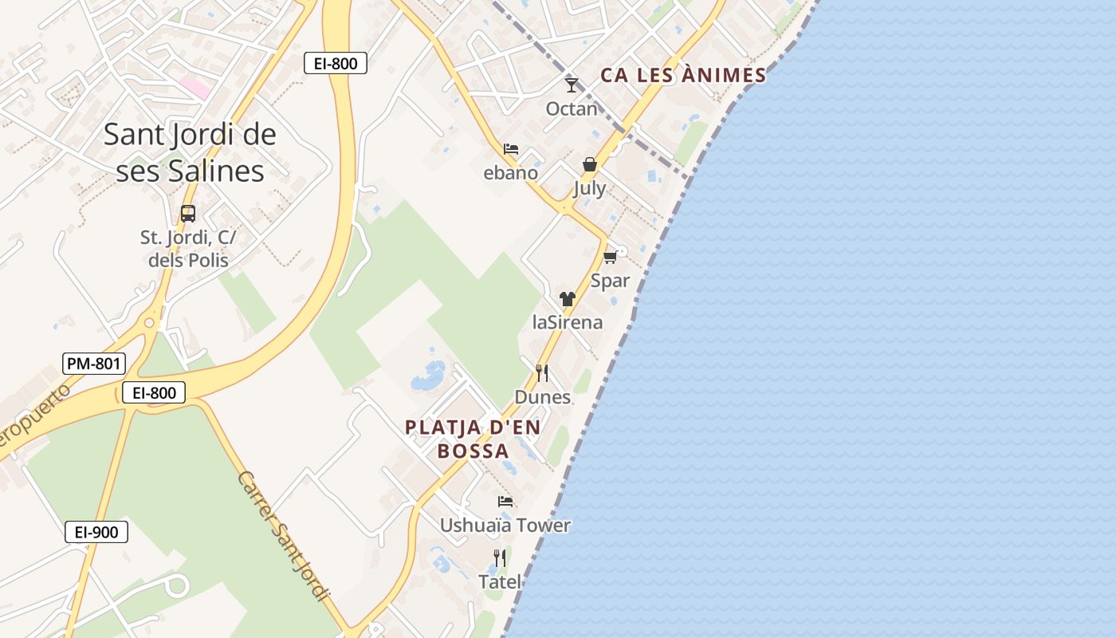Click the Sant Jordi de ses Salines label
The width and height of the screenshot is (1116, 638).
pyautogui.click(x=190, y=152)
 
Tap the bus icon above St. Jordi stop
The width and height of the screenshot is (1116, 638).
pyautogui.click(x=188, y=214)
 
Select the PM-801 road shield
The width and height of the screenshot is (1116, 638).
pyautogui.click(x=94, y=364)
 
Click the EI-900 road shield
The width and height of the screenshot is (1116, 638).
pyautogui.click(x=96, y=532)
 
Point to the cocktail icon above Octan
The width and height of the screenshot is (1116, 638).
pyautogui.click(x=572, y=84)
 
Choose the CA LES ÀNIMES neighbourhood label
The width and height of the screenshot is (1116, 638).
pyautogui.click(x=683, y=76)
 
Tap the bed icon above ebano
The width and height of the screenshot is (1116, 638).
pyautogui.click(x=511, y=149)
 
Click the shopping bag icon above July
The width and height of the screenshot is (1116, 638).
pyautogui.click(x=590, y=164)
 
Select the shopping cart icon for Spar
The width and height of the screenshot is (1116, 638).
pyautogui.click(x=610, y=257)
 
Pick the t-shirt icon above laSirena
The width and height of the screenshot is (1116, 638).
pyautogui.click(x=568, y=299)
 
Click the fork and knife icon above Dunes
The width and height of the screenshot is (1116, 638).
pyautogui.click(x=542, y=372)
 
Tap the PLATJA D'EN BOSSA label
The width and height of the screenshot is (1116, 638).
pyautogui.click(x=473, y=439)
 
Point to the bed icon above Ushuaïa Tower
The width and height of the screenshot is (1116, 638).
pyautogui.click(x=505, y=502)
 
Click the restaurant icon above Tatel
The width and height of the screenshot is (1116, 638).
pyautogui.click(x=500, y=557)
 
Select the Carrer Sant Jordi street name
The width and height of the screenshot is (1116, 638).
pyautogui.click(x=284, y=535)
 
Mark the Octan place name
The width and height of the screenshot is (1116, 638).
pyautogui.click(x=572, y=108)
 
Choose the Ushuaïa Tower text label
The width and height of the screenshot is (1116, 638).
pyautogui.click(x=505, y=525)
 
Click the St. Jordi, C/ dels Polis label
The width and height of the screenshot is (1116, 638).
pyautogui.click(x=188, y=249)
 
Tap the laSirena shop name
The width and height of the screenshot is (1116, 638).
pyautogui.click(x=568, y=322)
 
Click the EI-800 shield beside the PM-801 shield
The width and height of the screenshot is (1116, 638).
pyautogui.click(x=154, y=392)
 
